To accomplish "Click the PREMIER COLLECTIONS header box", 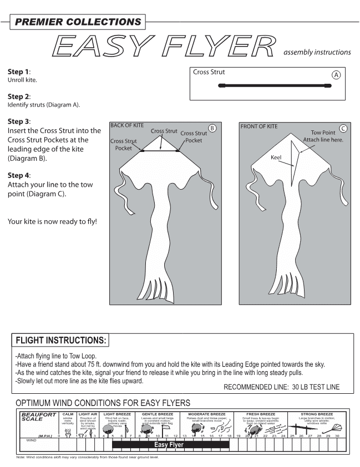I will point(77,22).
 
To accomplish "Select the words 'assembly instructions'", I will point(317,53).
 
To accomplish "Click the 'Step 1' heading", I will point(19,72).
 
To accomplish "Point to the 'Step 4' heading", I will point(19,175).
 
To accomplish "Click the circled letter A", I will point(336,74).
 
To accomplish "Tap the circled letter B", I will point(212,129).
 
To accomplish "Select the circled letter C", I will point(343,129).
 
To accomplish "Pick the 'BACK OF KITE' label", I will point(127,126).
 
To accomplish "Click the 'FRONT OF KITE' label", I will point(259,126).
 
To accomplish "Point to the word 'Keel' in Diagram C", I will point(276,158).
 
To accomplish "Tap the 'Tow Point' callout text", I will point(323,133).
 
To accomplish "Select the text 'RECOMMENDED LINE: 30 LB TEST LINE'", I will point(281,387).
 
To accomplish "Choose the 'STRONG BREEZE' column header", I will point(317,414).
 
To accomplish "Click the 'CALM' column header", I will point(68,414).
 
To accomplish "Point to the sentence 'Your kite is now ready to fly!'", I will point(52,222).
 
